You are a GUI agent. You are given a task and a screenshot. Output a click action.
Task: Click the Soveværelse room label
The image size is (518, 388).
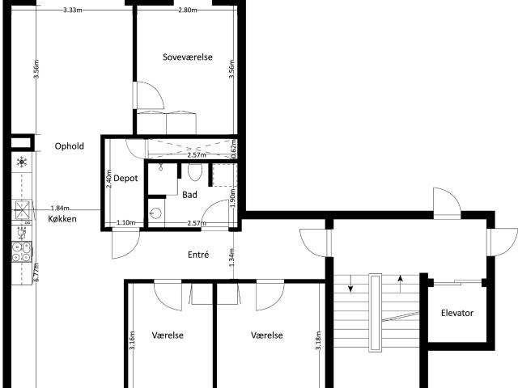[x=188, y=57]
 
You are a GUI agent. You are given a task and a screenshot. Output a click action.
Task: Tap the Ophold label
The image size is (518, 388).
[x=70, y=146]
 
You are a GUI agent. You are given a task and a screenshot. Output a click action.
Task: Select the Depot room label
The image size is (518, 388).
[x=125, y=179]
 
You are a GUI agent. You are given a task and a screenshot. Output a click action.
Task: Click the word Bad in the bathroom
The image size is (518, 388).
[x=189, y=195]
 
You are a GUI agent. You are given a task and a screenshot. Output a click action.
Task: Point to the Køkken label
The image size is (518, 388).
[x=62, y=219]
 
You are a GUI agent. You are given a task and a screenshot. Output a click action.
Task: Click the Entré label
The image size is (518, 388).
[x=198, y=255]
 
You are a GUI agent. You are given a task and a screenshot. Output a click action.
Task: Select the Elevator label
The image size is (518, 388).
[x=457, y=313]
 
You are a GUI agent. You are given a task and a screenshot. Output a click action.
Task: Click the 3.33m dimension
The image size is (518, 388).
[x=73, y=10]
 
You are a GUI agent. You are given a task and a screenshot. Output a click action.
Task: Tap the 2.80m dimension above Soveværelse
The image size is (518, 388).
[x=188, y=10]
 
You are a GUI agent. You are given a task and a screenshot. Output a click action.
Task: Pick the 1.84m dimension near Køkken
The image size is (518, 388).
[x=60, y=209]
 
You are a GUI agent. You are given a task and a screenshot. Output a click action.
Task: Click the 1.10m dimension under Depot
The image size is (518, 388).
[x=126, y=223]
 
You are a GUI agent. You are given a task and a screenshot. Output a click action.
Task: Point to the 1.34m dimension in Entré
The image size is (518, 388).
[x=231, y=257]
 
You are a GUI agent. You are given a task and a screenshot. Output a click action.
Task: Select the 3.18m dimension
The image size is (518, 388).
[x=318, y=340]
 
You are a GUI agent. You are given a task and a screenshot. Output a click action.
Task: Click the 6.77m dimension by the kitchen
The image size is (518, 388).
[x=36, y=272]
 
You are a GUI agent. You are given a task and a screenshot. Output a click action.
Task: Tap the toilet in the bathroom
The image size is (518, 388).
[x=195, y=172]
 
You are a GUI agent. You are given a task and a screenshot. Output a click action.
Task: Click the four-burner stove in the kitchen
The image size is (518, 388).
[x=22, y=251]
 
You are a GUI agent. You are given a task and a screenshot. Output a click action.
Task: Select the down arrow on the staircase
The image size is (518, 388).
[x=350, y=284]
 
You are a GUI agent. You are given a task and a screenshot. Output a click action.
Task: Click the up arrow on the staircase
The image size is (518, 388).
[x=401, y=284]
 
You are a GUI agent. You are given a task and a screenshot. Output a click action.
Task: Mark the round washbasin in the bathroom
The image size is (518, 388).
[x=155, y=213]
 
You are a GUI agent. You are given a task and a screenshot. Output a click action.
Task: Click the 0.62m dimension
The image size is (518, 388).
[x=234, y=149]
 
